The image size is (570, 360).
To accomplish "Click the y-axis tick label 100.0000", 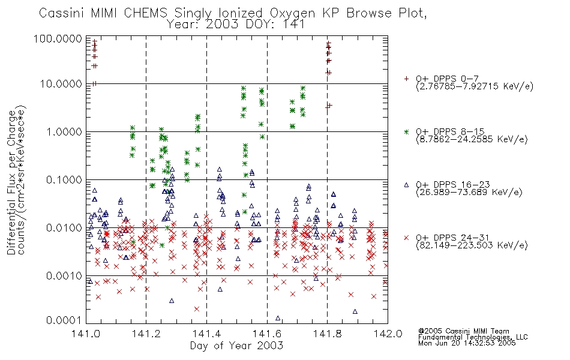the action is pos(58,39).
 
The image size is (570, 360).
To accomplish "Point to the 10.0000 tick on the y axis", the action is pos(61,84).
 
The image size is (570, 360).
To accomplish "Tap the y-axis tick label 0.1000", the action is pos(64,180).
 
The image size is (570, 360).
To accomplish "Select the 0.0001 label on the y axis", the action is pos(64,320).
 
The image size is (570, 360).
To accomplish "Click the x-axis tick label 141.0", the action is pos(86,334).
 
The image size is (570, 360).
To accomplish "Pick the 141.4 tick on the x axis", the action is pos(206,334).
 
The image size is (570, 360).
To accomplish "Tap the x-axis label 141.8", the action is pos(327,334).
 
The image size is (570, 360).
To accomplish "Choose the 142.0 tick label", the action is pos(388,334).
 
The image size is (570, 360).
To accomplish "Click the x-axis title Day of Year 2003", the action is pos(236,346).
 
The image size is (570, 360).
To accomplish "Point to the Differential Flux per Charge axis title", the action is pos(11,182).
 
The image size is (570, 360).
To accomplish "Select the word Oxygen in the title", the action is pos(292,14).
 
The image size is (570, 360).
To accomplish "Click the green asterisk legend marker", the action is pos(406,132).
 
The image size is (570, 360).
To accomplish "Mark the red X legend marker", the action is pos(406,238).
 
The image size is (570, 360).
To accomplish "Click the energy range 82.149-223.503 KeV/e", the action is pos(472,245).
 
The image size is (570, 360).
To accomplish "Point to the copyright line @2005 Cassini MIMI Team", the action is pos(463,331).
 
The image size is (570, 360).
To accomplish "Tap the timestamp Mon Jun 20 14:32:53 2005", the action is pos(467,343).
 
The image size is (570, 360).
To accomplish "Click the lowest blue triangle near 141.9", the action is pos(355,311).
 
